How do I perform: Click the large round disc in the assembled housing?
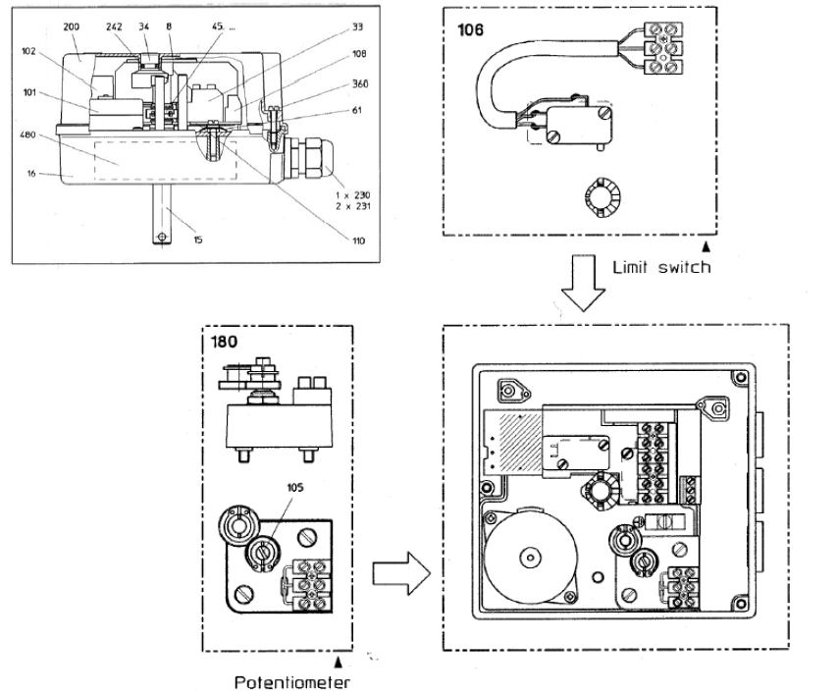531,558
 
